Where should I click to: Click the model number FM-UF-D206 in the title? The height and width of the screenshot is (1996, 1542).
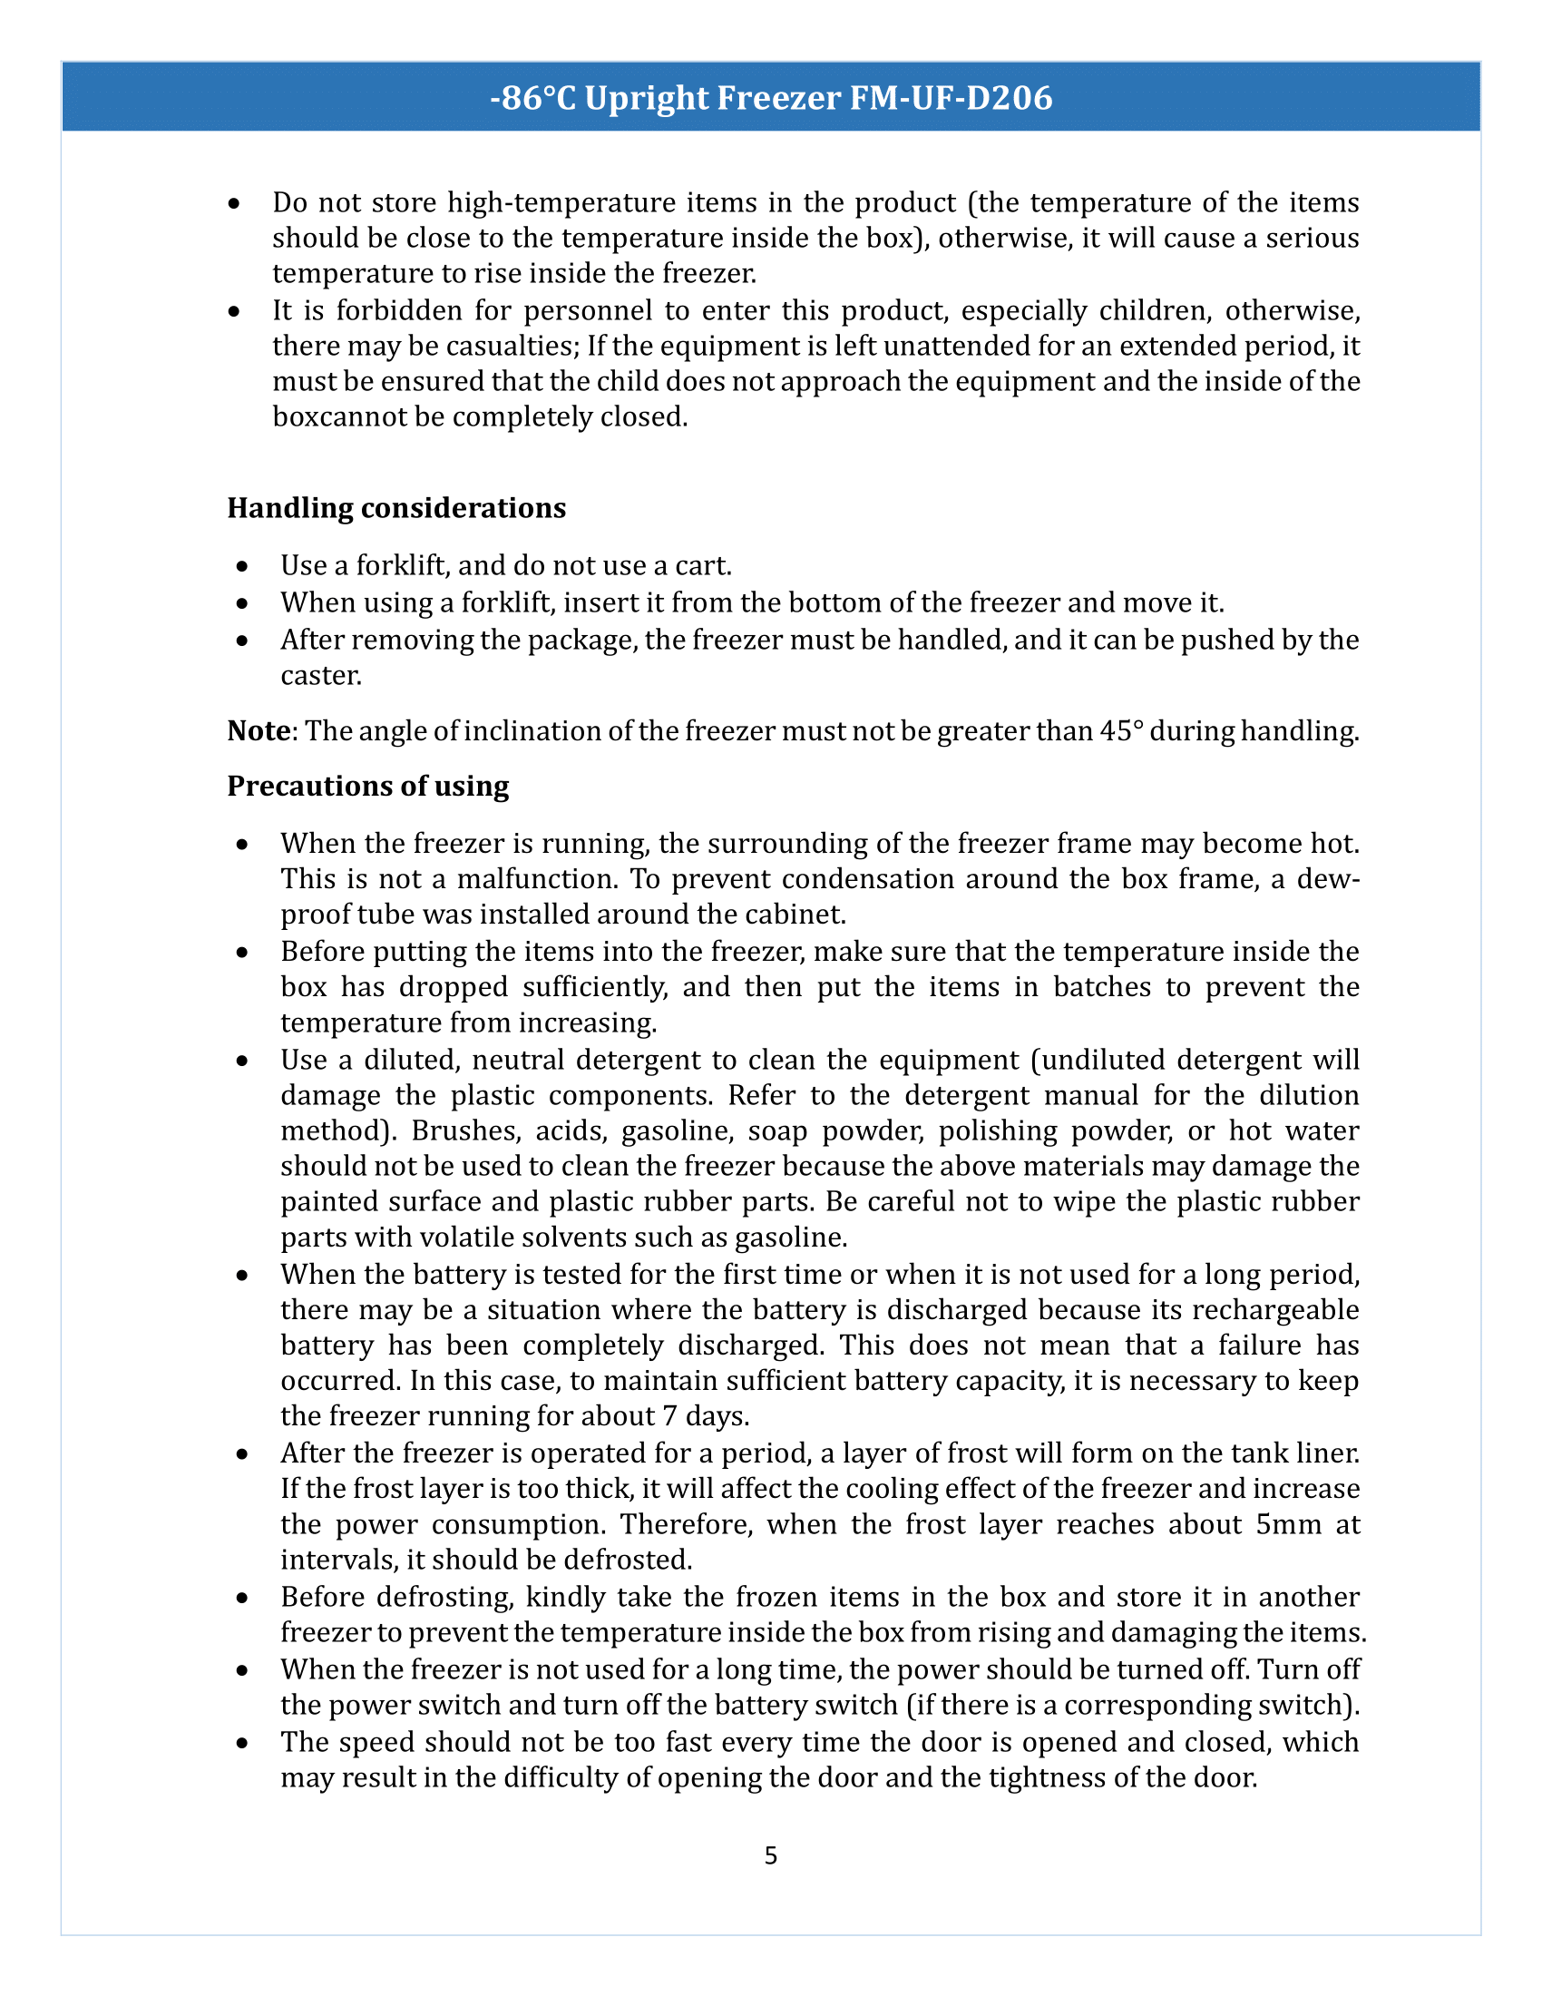(951, 98)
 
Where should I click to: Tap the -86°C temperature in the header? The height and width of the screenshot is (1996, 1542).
(532, 98)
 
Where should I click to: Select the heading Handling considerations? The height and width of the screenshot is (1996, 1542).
(396, 508)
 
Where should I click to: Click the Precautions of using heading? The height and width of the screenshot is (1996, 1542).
(368, 786)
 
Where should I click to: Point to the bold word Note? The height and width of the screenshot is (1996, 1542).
(259, 731)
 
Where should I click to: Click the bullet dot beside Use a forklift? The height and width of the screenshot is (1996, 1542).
(241, 568)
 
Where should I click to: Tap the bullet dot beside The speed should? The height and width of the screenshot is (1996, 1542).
(241, 1744)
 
